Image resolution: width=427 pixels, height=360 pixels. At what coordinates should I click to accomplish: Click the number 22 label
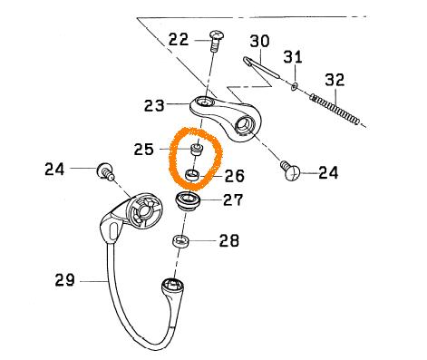tap(179, 40)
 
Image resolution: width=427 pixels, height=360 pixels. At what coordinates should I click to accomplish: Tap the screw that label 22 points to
tap(216, 40)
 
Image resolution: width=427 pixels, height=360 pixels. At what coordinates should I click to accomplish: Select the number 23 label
tap(154, 106)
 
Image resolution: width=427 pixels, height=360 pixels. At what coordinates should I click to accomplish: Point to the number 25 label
tap(144, 150)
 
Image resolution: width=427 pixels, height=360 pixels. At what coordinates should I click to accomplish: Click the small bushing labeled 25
tap(197, 150)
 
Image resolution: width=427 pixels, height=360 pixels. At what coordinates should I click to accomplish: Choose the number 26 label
tap(234, 176)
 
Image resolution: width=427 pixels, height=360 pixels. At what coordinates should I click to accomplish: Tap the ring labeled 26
tap(192, 175)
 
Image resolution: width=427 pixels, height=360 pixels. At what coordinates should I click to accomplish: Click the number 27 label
tap(233, 199)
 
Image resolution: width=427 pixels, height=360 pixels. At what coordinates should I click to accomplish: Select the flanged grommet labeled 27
tap(188, 201)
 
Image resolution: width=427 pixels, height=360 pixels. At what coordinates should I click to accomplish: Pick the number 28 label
tap(228, 241)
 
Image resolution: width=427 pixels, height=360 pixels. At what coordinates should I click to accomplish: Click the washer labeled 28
tap(180, 241)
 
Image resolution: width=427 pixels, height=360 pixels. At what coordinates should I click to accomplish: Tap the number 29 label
tap(64, 280)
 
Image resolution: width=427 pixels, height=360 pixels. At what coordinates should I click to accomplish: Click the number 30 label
tap(259, 41)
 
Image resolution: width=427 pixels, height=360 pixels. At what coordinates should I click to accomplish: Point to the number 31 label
tap(293, 57)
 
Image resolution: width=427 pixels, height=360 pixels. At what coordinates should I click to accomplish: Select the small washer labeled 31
tap(295, 87)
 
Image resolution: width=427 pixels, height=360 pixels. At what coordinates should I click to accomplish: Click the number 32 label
tap(335, 80)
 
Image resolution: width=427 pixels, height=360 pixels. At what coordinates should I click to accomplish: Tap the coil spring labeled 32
tap(335, 110)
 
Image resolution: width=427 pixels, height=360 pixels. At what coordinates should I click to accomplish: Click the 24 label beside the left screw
tap(54, 169)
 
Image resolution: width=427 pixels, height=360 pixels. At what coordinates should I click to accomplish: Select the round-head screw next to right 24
tap(290, 170)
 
